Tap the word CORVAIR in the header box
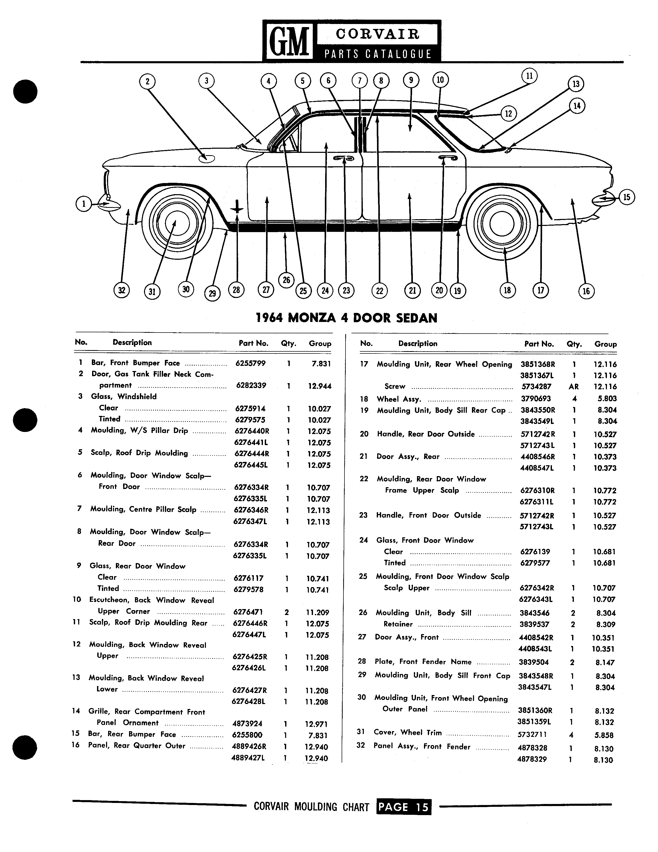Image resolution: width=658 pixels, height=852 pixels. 378,34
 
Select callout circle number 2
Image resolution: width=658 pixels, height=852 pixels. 147,82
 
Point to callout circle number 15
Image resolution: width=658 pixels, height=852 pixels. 627,197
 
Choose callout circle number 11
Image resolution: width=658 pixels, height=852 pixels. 529,76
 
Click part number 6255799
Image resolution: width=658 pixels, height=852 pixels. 250,364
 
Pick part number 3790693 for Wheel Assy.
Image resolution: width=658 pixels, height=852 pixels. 536,399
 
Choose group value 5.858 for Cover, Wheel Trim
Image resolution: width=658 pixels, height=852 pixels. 604,735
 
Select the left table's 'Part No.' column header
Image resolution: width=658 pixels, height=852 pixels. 253,343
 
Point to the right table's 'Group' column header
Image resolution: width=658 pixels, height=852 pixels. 605,344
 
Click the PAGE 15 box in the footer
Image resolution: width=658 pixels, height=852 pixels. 404,807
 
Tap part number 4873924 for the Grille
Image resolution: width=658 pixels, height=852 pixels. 247,724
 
